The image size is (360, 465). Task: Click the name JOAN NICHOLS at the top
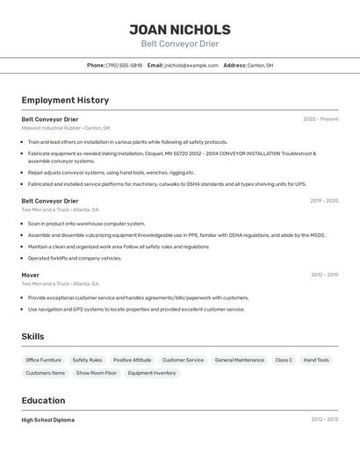[180, 30]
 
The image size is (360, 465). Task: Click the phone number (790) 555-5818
[124, 65]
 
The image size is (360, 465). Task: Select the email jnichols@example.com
[191, 65]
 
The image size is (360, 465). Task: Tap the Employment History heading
[65, 100]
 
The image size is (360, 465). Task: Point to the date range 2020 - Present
[320, 119]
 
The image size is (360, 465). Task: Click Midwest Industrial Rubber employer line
[66, 128]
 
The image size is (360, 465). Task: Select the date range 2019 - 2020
[324, 201]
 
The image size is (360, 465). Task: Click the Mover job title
[30, 275]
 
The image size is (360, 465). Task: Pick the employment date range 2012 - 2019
[324, 275]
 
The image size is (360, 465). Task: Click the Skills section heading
[32, 336]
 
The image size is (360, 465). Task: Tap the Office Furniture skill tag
[43, 360]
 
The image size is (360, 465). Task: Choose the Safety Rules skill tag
[87, 360]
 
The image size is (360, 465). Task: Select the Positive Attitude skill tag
[132, 360]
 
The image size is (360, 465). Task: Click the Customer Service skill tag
[183, 360]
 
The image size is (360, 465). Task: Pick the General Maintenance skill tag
[239, 360]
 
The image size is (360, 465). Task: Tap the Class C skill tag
[284, 360]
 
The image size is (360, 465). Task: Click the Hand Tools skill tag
[316, 360]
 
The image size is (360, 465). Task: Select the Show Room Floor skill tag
[96, 373]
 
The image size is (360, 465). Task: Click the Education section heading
[43, 400]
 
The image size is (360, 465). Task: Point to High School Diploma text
[48, 420]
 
